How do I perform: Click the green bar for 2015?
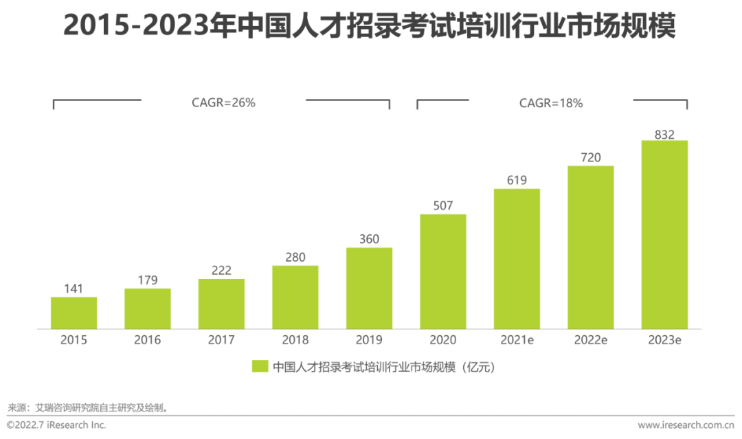74,313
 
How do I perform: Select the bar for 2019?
369,289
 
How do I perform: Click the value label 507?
442,205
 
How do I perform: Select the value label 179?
148,280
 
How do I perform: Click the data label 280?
295,257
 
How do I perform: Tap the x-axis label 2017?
221,340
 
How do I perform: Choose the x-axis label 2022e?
590,340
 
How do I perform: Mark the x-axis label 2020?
442,340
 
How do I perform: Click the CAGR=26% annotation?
223,103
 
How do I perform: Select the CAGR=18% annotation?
551,103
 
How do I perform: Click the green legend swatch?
260,366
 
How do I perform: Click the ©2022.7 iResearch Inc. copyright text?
57,425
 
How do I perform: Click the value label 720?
590,157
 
